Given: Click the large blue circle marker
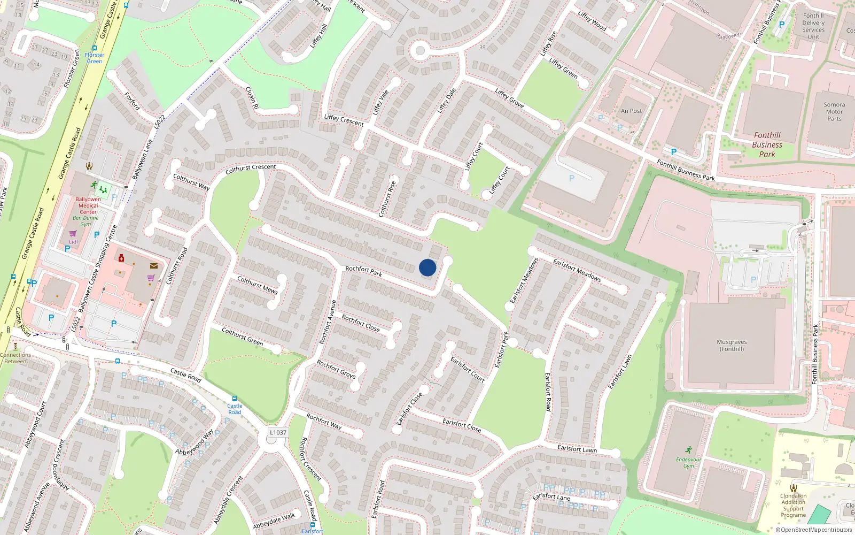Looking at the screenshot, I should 428,267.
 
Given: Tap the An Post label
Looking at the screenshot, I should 631,111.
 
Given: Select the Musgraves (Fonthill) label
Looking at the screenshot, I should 732,346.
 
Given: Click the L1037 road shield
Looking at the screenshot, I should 278,432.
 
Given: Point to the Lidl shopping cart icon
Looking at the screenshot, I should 73,233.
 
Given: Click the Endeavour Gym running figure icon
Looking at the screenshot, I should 688,450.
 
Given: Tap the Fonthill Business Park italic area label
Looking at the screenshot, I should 767,144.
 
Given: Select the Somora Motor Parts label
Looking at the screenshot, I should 834,112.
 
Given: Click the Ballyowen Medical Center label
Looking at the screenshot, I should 88,205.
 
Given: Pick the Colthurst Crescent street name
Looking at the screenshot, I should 251,169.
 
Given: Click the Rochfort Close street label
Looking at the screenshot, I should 361,323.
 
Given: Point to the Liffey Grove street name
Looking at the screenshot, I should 509,98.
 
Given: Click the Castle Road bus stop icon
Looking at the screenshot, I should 234,399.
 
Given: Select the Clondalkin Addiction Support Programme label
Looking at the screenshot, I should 794,506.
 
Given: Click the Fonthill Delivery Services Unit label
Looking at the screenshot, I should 813,26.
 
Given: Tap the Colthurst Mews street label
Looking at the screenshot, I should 257,285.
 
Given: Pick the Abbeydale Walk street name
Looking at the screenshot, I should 274,521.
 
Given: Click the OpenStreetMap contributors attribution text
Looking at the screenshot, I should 816,530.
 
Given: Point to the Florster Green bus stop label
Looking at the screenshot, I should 95,58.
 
